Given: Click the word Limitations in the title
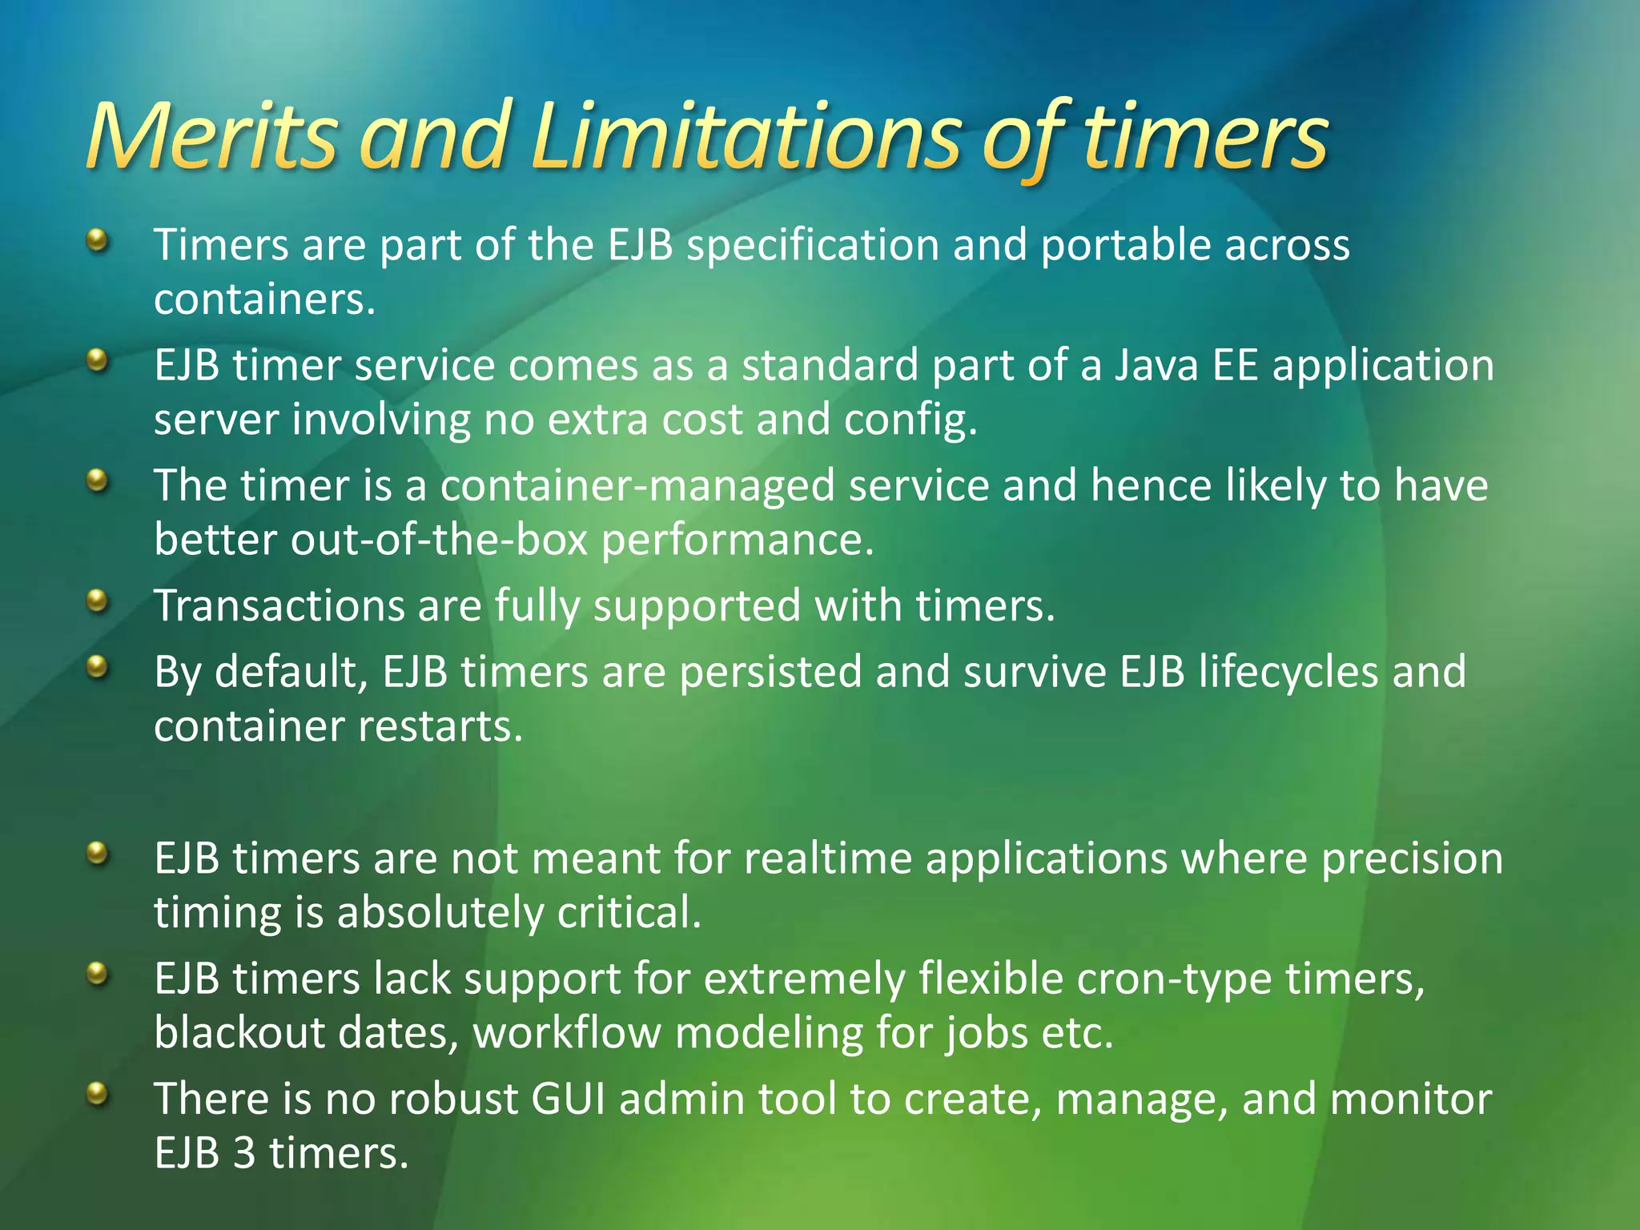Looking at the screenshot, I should tap(745, 136).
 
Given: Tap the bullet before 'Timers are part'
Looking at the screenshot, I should tap(97, 239).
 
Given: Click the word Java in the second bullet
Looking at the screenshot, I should tap(1156, 366).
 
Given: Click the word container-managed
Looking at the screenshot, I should tap(637, 486).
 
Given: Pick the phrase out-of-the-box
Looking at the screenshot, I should tap(440, 541).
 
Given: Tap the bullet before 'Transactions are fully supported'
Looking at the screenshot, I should tap(97, 601).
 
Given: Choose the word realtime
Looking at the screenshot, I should tap(828, 859).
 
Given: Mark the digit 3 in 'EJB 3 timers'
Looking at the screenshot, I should tap(244, 1154).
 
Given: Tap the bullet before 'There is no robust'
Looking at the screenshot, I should tap(97, 1094).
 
